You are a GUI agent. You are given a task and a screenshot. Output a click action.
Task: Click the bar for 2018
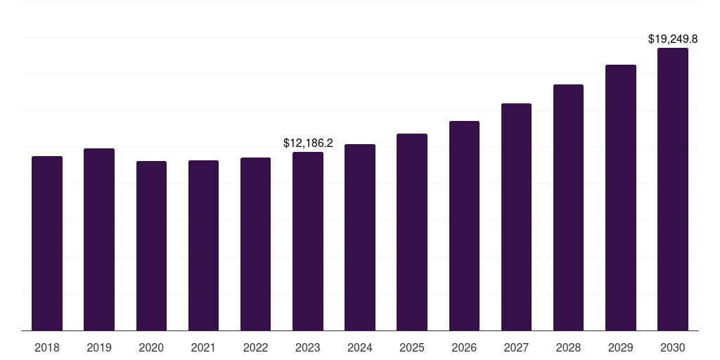(x=47, y=243)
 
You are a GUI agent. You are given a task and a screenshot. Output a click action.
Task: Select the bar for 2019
(x=99, y=239)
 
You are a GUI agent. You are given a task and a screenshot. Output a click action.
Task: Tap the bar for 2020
(x=151, y=245)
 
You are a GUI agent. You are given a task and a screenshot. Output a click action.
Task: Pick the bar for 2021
(x=203, y=245)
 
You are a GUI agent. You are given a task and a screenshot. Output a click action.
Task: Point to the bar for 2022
(x=255, y=244)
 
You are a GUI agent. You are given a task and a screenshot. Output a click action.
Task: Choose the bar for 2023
(x=308, y=241)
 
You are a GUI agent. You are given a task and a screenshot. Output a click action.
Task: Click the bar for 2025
(x=412, y=232)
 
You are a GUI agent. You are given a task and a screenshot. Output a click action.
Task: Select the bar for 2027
(x=516, y=217)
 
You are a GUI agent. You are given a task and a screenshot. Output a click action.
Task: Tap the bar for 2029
(x=621, y=198)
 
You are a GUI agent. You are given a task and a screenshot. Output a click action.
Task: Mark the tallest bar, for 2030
(x=673, y=189)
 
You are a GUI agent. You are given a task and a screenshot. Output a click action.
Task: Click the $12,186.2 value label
(x=308, y=143)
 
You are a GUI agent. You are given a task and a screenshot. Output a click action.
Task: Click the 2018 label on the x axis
(x=47, y=347)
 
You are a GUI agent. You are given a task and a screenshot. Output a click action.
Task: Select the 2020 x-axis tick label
(x=151, y=347)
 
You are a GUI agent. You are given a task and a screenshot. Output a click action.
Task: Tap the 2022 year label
(x=255, y=347)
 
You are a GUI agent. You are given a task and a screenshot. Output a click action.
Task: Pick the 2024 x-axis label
(x=360, y=347)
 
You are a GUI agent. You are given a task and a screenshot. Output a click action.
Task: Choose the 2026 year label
(x=464, y=347)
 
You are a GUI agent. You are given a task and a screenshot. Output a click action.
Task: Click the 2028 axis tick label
(x=568, y=347)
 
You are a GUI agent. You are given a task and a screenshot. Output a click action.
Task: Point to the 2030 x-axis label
(x=673, y=347)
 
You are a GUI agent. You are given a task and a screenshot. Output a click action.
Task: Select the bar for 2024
(x=360, y=237)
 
